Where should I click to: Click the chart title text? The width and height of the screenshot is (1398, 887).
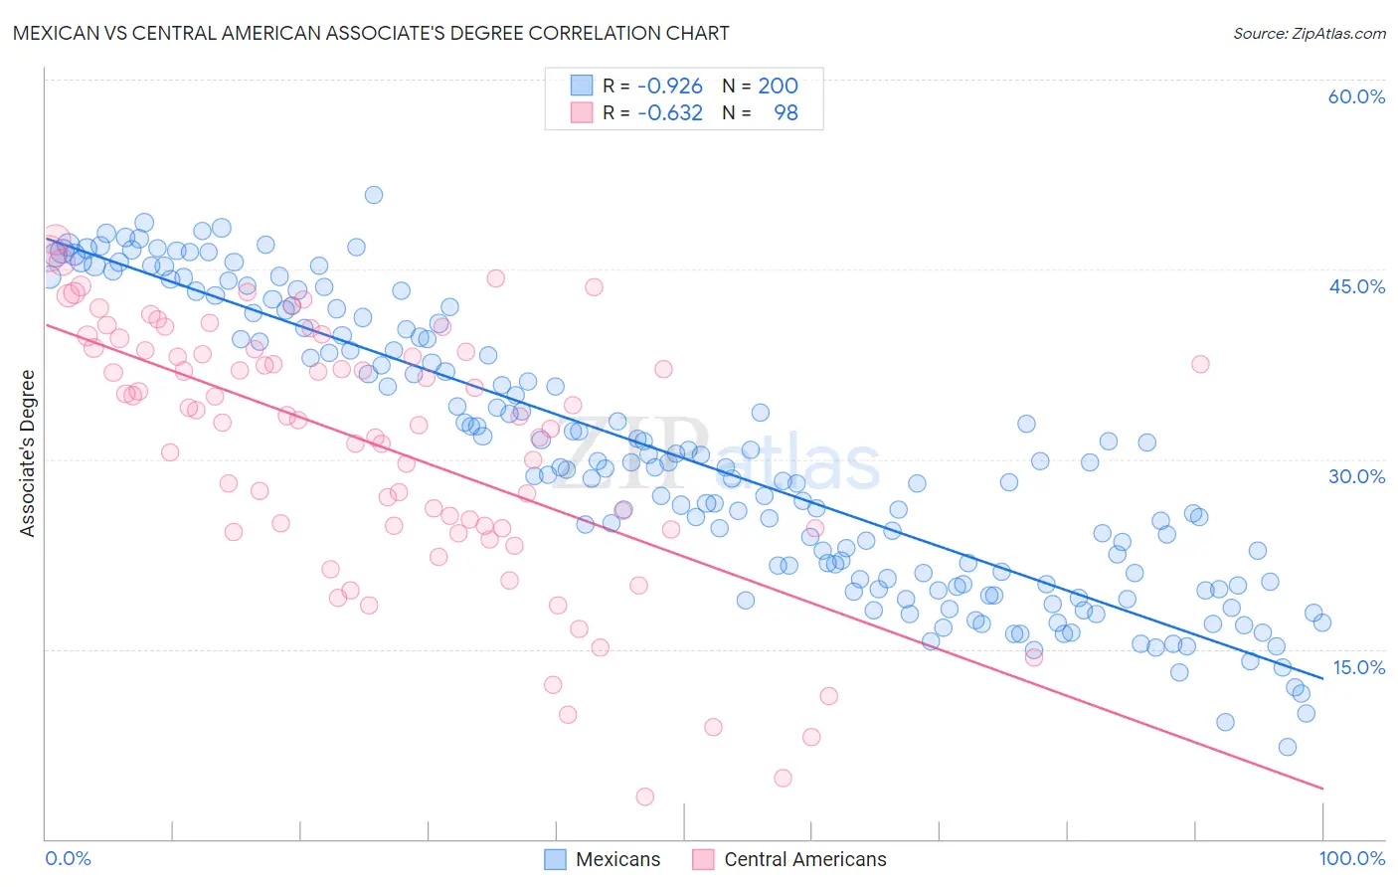point(371,34)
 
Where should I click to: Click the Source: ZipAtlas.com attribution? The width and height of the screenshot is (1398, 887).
point(1309,34)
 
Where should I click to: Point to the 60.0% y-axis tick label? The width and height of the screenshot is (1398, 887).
point(1356,96)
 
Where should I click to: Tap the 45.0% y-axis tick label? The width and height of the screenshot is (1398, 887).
point(1356,286)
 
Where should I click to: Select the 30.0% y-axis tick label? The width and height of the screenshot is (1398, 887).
point(1356,476)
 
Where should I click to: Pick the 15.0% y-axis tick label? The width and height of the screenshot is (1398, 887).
point(1358,666)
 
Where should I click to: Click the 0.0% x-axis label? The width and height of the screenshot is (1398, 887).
point(68,858)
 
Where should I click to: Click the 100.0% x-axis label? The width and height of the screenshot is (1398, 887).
point(1351,858)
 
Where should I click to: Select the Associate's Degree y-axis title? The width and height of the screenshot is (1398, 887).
point(28,453)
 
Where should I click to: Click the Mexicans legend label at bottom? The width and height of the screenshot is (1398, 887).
point(617,859)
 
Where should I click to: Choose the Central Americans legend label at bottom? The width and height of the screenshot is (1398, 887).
point(804,859)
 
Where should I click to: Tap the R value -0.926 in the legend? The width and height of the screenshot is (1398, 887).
point(669,87)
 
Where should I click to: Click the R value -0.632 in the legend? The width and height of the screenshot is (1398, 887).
point(669,113)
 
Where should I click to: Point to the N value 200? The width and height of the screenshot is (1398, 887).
point(778,87)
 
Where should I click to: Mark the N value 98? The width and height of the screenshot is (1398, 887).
point(786,113)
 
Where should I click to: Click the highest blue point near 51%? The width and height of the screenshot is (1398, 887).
point(374,195)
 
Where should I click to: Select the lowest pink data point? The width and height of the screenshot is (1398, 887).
point(644,797)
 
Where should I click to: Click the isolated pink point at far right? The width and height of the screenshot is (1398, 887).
point(1200,364)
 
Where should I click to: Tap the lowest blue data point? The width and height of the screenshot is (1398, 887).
point(1288,747)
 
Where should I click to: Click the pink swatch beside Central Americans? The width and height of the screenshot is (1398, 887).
point(703,859)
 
